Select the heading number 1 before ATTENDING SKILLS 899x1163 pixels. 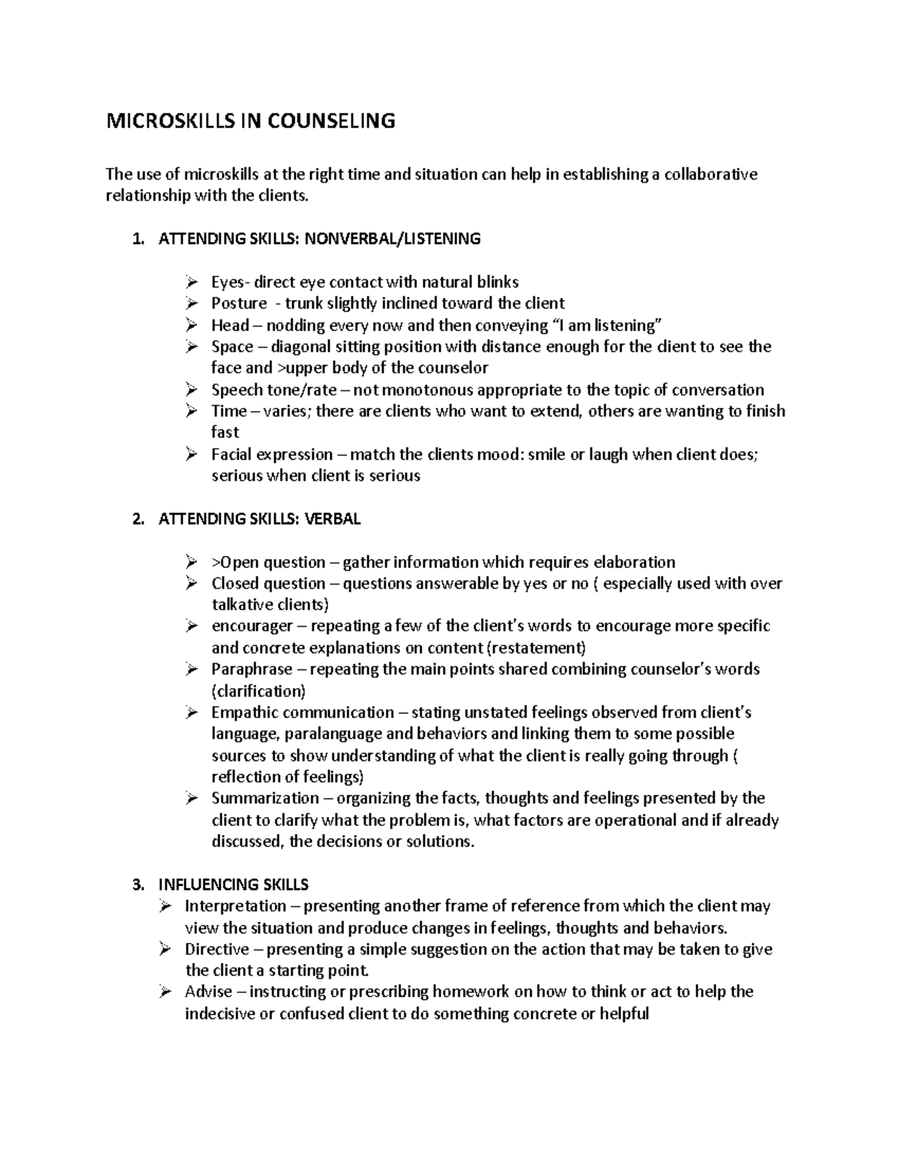(x=136, y=239)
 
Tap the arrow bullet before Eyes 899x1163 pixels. (x=192, y=282)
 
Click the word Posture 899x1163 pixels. (x=239, y=303)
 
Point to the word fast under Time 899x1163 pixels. (x=225, y=432)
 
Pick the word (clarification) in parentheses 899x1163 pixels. (x=258, y=690)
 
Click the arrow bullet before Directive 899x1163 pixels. (x=166, y=949)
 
